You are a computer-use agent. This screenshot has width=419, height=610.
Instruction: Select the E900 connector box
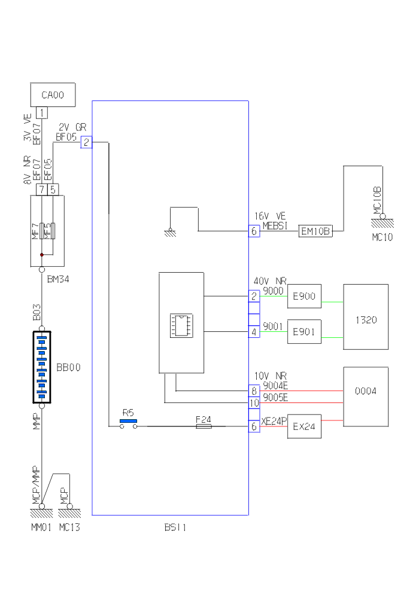(305, 295)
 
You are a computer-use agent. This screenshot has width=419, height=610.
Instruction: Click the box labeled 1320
(366, 320)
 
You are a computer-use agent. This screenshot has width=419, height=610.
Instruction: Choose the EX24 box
(305, 428)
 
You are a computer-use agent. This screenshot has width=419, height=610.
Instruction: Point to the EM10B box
(315, 231)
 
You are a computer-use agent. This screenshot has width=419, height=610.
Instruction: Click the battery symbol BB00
(41, 367)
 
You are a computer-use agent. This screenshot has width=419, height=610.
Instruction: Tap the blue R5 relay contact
(127, 421)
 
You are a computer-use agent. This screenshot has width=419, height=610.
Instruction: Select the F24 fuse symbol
(204, 426)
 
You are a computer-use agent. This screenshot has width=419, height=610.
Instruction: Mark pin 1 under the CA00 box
(42, 112)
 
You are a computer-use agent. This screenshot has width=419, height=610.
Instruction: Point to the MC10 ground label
(382, 238)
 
